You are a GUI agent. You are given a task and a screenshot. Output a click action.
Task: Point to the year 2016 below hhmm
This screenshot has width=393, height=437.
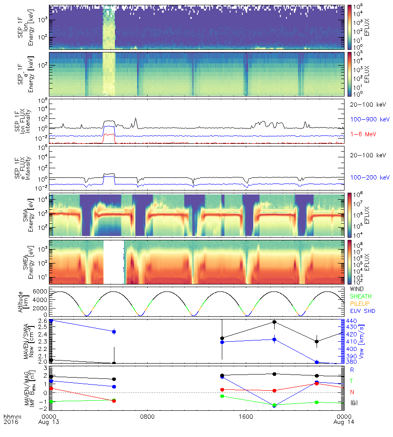click(10, 423)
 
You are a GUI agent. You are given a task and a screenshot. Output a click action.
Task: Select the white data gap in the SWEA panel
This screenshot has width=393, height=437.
click(114, 262)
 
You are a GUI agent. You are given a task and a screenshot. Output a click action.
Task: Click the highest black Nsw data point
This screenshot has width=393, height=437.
click(274, 322)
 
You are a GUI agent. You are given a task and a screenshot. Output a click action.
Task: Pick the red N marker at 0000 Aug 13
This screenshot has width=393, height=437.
click(51, 388)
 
